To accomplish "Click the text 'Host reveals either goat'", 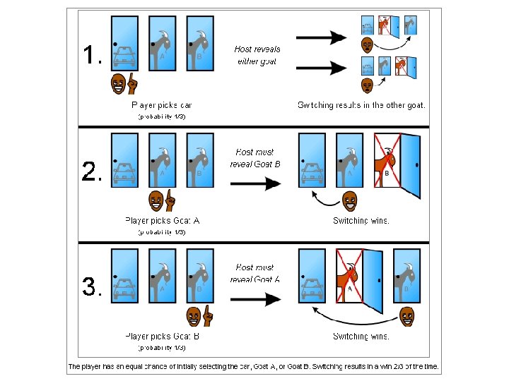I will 257,55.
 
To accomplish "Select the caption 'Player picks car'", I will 162,105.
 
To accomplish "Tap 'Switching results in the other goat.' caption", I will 361,105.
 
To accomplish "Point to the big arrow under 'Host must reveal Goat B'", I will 257,184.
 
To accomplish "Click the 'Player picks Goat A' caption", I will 162,220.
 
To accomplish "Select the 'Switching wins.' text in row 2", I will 361,220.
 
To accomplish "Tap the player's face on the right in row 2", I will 349,201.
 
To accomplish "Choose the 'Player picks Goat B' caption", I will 162,336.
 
